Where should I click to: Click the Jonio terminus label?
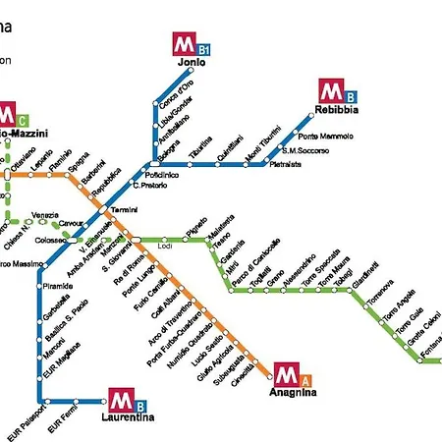click(x=192, y=64)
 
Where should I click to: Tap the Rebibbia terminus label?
click(x=338, y=111)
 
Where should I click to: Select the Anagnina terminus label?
click(x=293, y=393)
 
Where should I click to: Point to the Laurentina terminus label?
click(x=128, y=417)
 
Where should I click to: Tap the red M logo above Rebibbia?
click(x=330, y=91)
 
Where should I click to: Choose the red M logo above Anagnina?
click(x=286, y=374)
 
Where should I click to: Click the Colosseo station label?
click(x=49, y=239)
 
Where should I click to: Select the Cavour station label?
click(x=72, y=225)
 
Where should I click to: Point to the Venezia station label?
click(x=45, y=214)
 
